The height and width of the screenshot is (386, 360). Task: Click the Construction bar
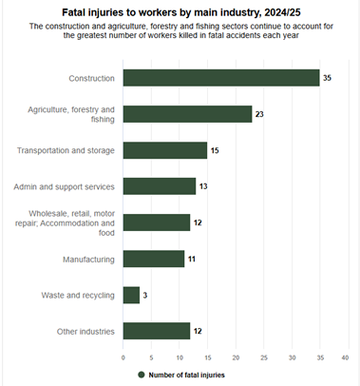220,78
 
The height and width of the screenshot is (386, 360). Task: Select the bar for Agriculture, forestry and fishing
187,114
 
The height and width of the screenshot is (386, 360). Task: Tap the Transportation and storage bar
164,150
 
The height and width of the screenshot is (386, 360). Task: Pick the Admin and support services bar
159,186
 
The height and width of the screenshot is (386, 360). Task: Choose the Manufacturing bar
153,259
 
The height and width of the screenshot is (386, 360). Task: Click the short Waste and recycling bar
131,295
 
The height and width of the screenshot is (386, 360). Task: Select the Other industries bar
156,331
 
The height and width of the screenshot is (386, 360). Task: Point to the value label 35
327,78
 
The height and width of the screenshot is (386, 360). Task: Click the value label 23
260,114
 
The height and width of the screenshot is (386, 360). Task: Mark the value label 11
193,259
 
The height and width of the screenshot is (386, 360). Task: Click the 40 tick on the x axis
345,357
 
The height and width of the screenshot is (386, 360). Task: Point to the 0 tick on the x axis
123,357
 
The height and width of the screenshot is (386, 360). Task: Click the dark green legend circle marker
141,375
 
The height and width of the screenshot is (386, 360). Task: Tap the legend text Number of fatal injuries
186,375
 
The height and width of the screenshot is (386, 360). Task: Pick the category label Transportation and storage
66,150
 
